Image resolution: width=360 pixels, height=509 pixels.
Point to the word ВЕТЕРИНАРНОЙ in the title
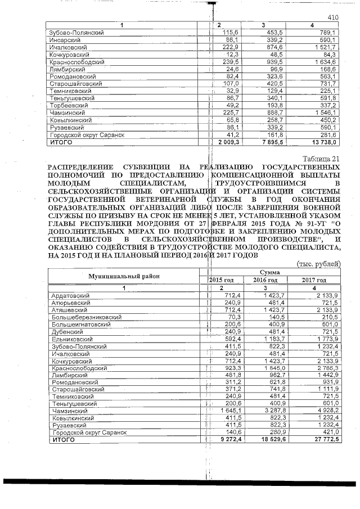click(165, 199)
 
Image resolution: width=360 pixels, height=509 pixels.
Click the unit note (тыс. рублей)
click(318, 263)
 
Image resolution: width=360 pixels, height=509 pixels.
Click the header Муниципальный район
click(123, 276)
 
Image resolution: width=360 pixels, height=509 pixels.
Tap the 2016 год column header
click(266, 280)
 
